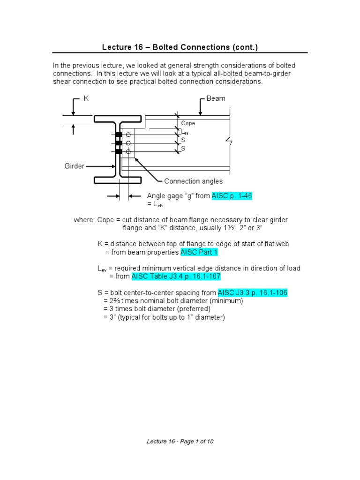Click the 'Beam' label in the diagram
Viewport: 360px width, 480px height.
click(216, 98)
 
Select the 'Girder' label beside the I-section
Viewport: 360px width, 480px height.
click(75, 166)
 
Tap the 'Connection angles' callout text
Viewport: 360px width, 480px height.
click(193, 181)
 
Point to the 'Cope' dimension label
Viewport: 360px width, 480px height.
click(188, 123)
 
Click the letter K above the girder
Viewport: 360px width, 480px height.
click(86, 98)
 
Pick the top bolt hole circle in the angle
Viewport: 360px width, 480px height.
click(128, 135)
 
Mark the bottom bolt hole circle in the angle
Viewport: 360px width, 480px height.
click(128, 151)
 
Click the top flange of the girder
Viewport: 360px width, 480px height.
click(118, 119)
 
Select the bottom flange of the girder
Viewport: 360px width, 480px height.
click(118, 180)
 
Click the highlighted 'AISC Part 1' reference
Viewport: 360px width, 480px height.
click(199, 252)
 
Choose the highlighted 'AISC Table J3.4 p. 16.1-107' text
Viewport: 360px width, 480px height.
click(176, 277)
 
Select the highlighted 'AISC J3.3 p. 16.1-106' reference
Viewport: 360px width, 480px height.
click(252, 292)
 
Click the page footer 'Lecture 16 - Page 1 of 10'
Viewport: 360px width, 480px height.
click(180, 441)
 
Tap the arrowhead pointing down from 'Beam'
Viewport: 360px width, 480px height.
click(200, 113)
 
